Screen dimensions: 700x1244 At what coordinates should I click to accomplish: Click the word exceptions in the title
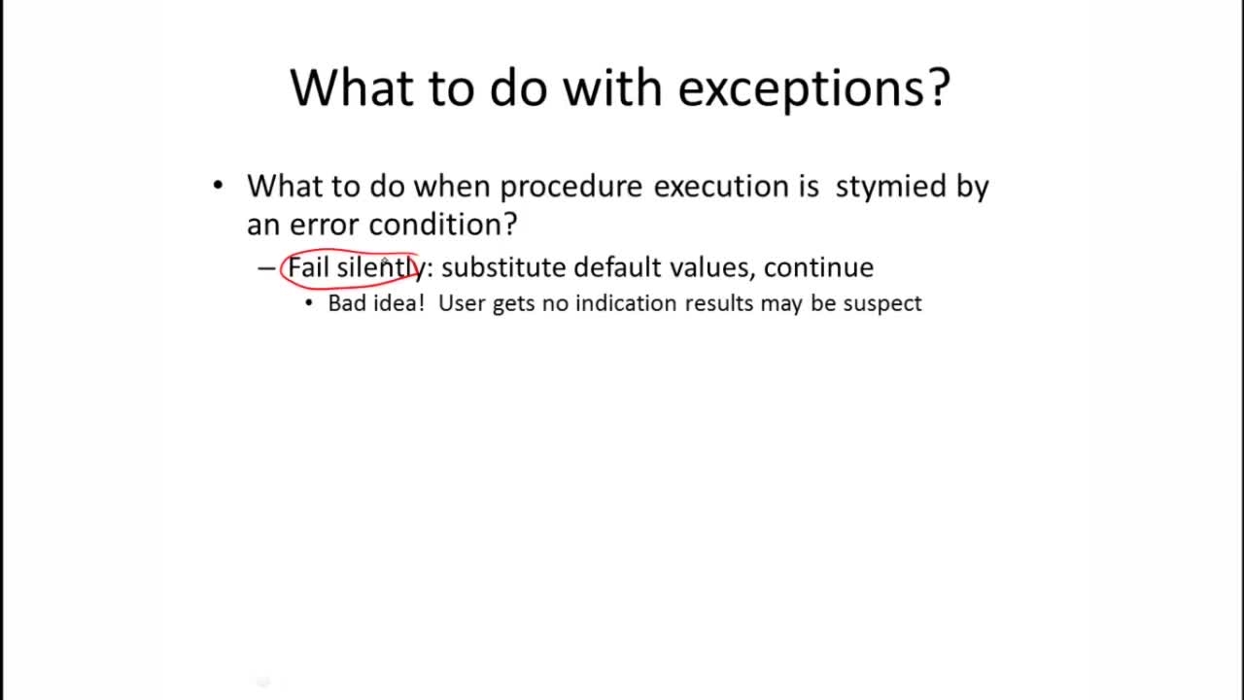point(812,87)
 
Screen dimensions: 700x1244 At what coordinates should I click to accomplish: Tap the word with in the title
point(613,87)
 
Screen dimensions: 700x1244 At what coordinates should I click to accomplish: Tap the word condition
point(442,225)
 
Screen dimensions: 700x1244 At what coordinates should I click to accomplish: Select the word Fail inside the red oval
point(309,267)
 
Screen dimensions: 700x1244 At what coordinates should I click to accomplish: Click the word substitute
point(502,267)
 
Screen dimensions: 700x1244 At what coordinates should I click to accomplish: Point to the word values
point(711,267)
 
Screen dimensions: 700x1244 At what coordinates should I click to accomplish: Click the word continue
point(818,267)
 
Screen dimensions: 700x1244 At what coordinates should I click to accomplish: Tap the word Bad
point(348,303)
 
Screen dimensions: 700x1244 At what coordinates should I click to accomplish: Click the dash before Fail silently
point(266,267)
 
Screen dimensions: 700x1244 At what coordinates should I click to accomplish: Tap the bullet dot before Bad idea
point(309,303)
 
